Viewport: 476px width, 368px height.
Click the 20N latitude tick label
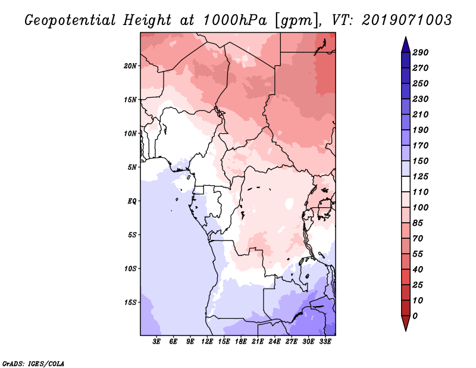pos(130,66)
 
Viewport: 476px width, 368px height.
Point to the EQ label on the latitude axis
pos(132,201)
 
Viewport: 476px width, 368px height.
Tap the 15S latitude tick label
pos(130,302)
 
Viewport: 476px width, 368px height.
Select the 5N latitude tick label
pos(132,167)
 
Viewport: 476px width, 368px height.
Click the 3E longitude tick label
pos(157,341)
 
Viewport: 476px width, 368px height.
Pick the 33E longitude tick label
pos(325,341)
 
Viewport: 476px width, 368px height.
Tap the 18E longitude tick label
pos(241,341)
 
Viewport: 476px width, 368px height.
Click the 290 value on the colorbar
pos(421,52)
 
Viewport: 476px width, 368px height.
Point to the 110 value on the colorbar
pos(421,192)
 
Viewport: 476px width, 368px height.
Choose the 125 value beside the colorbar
pos(421,176)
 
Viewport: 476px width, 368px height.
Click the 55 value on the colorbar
pos(418,254)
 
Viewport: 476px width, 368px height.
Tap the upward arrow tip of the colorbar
pos(405,39)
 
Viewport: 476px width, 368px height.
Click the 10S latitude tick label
pos(130,268)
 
